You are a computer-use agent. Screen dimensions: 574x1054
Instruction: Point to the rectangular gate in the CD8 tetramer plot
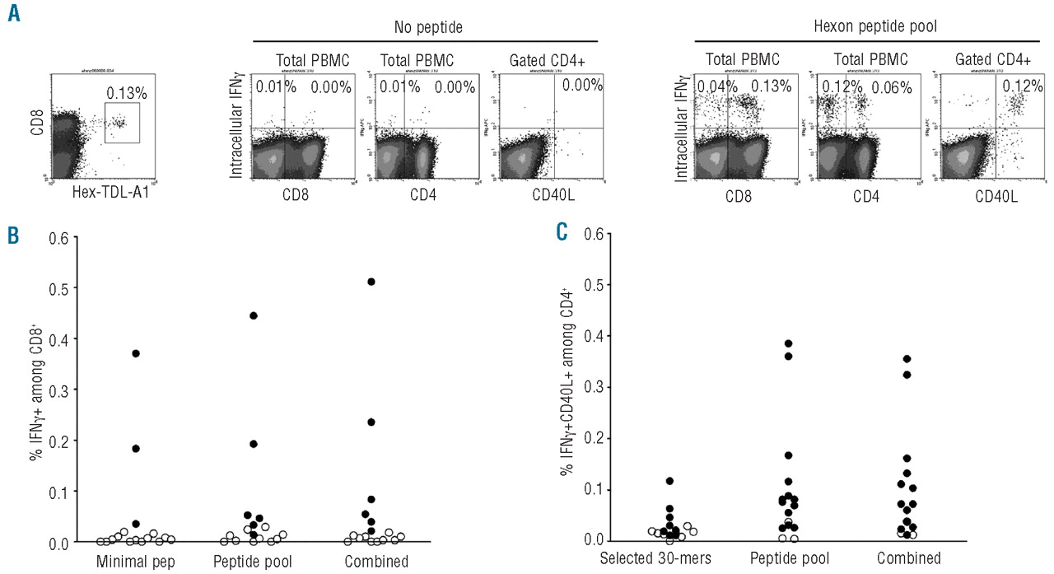coord(122,123)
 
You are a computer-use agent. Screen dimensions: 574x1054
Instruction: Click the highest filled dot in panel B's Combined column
coord(371,282)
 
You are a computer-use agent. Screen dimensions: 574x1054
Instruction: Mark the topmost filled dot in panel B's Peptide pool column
coord(254,315)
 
